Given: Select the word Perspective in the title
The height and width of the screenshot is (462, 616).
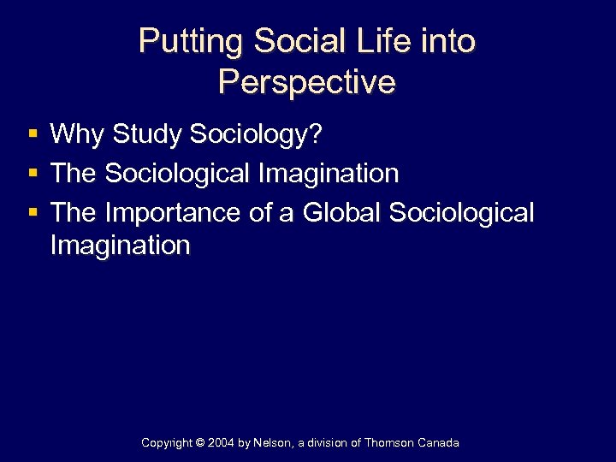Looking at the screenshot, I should [x=306, y=82].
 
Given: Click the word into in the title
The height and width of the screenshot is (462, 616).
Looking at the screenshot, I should [x=449, y=42].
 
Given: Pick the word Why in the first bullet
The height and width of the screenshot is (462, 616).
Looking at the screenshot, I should [x=78, y=134].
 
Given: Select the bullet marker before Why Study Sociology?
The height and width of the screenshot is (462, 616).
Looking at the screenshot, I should [x=32, y=134].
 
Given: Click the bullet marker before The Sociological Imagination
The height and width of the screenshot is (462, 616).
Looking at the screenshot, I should [x=32, y=174].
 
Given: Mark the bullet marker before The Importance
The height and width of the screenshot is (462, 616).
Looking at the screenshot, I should [x=32, y=212].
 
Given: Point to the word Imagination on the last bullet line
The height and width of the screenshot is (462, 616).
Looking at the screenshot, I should [x=120, y=246].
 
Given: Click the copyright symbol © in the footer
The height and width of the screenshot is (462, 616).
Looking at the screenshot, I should [x=202, y=443].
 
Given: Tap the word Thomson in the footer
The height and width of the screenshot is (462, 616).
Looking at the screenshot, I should [x=391, y=443].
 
